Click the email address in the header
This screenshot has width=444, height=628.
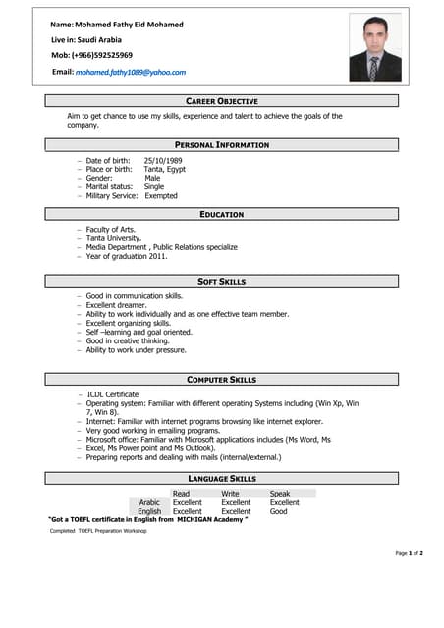(131, 72)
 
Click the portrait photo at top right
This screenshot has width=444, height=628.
(374, 48)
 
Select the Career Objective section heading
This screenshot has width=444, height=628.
(222, 101)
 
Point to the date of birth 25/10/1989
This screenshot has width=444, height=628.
(163, 160)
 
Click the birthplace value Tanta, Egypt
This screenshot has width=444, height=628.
(164, 169)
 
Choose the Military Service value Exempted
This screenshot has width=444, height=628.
(161, 195)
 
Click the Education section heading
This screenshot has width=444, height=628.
(222, 214)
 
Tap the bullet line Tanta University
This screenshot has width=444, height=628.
(113, 238)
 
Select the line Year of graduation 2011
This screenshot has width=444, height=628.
(127, 256)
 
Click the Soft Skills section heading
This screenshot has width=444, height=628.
(222, 282)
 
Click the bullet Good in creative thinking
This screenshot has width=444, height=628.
(135, 340)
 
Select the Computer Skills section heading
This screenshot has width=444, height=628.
(222, 379)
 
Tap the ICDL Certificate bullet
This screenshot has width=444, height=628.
(113, 394)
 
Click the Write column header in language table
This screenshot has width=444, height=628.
(230, 494)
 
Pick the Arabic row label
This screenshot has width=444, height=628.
(149, 502)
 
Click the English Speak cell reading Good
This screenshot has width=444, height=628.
(278, 511)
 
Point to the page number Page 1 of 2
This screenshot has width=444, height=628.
(409, 553)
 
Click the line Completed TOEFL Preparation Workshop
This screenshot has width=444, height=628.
(98, 531)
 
